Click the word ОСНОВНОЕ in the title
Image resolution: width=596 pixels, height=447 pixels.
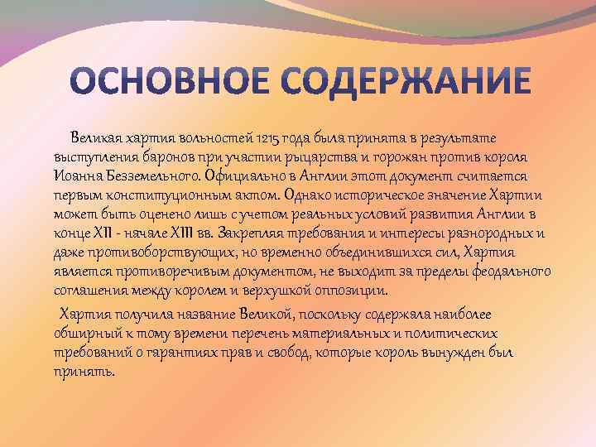(170, 81)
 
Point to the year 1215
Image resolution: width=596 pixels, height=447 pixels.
(268, 139)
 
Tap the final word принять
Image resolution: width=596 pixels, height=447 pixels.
(84, 372)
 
